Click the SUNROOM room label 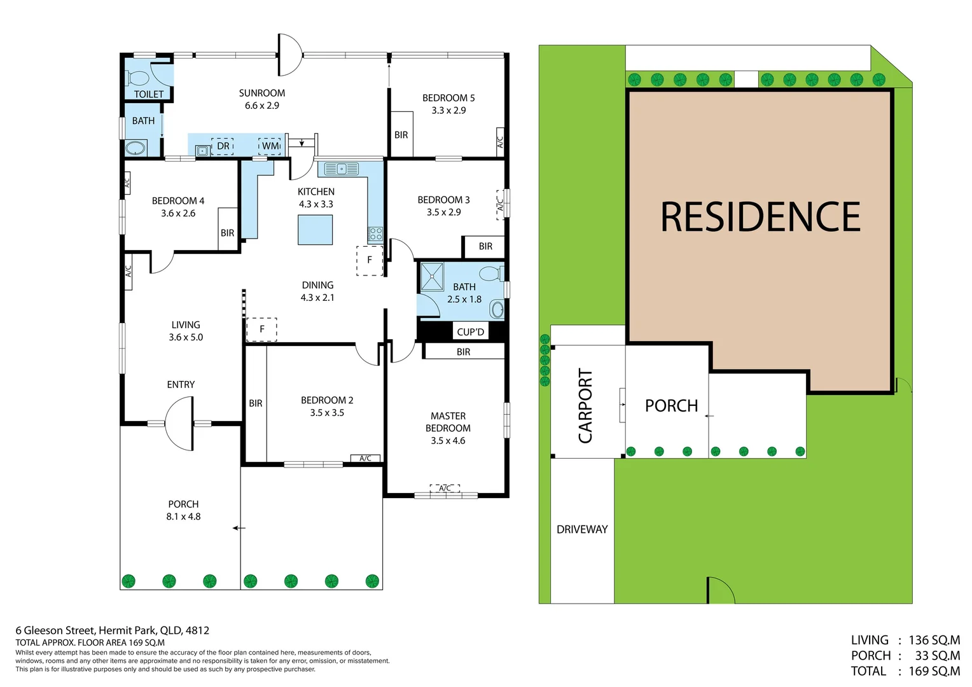pyautogui.click(x=261, y=93)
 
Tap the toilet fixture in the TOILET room pyautogui.click(x=137, y=78)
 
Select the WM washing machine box pyautogui.click(x=270, y=146)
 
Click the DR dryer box pyautogui.click(x=223, y=146)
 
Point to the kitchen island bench pyautogui.click(x=315, y=230)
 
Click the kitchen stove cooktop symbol pyautogui.click(x=375, y=234)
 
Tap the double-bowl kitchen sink pyautogui.click(x=342, y=169)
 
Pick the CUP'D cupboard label pyautogui.click(x=470, y=332)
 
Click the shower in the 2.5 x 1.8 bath pyautogui.click(x=432, y=277)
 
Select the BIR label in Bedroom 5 pyautogui.click(x=401, y=135)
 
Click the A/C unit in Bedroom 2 pyautogui.click(x=365, y=458)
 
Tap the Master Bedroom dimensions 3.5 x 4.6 pyautogui.click(x=448, y=440)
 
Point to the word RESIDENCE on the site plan pyautogui.click(x=760, y=216)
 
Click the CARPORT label pyautogui.click(x=585, y=406)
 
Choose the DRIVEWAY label pyautogui.click(x=582, y=529)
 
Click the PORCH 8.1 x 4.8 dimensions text pyautogui.click(x=183, y=517)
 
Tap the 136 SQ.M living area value pyautogui.click(x=934, y=640)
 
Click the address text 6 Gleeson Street pyautogui.click(x=55, y=630)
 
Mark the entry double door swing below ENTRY pyautogui.click(x=179, y=423)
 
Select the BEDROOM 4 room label pyautogui.click(x=178, y=201)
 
